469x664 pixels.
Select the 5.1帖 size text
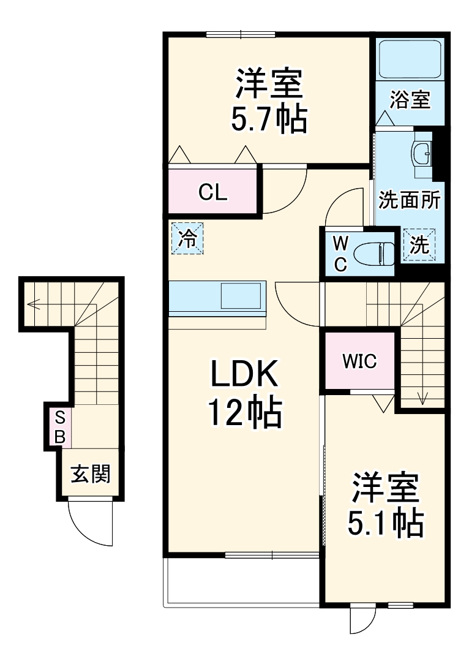tap(386, 522)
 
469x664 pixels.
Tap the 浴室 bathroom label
tap(410, 99)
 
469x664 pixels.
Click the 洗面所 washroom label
tap(409, 200)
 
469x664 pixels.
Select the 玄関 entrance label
tap(90, 473)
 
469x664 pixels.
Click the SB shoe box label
tap(60, 427)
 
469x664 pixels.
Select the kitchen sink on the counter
tap(242, 296)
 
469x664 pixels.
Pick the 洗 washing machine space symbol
tap(419, 245)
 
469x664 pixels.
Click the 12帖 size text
tap(244, 415)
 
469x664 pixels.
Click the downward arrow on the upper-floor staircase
tap(422, 398)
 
